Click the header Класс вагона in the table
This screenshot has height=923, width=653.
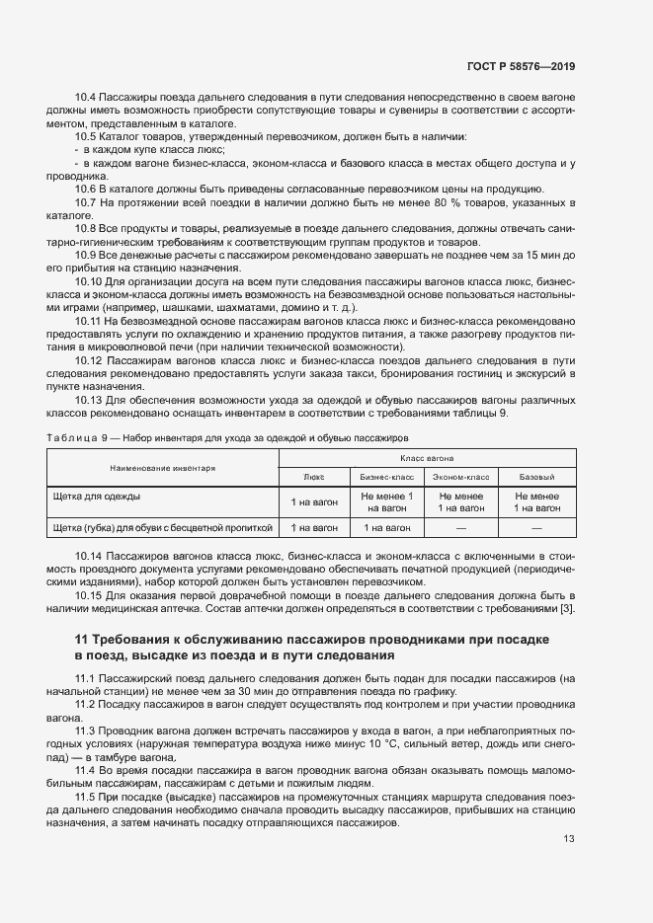pos(427,459)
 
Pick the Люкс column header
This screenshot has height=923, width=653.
pos(314,476)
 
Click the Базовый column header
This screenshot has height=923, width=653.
pos(537,476)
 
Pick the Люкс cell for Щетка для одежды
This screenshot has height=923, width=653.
pos(314,502)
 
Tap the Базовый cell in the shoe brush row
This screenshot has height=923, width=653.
pos(537,528)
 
